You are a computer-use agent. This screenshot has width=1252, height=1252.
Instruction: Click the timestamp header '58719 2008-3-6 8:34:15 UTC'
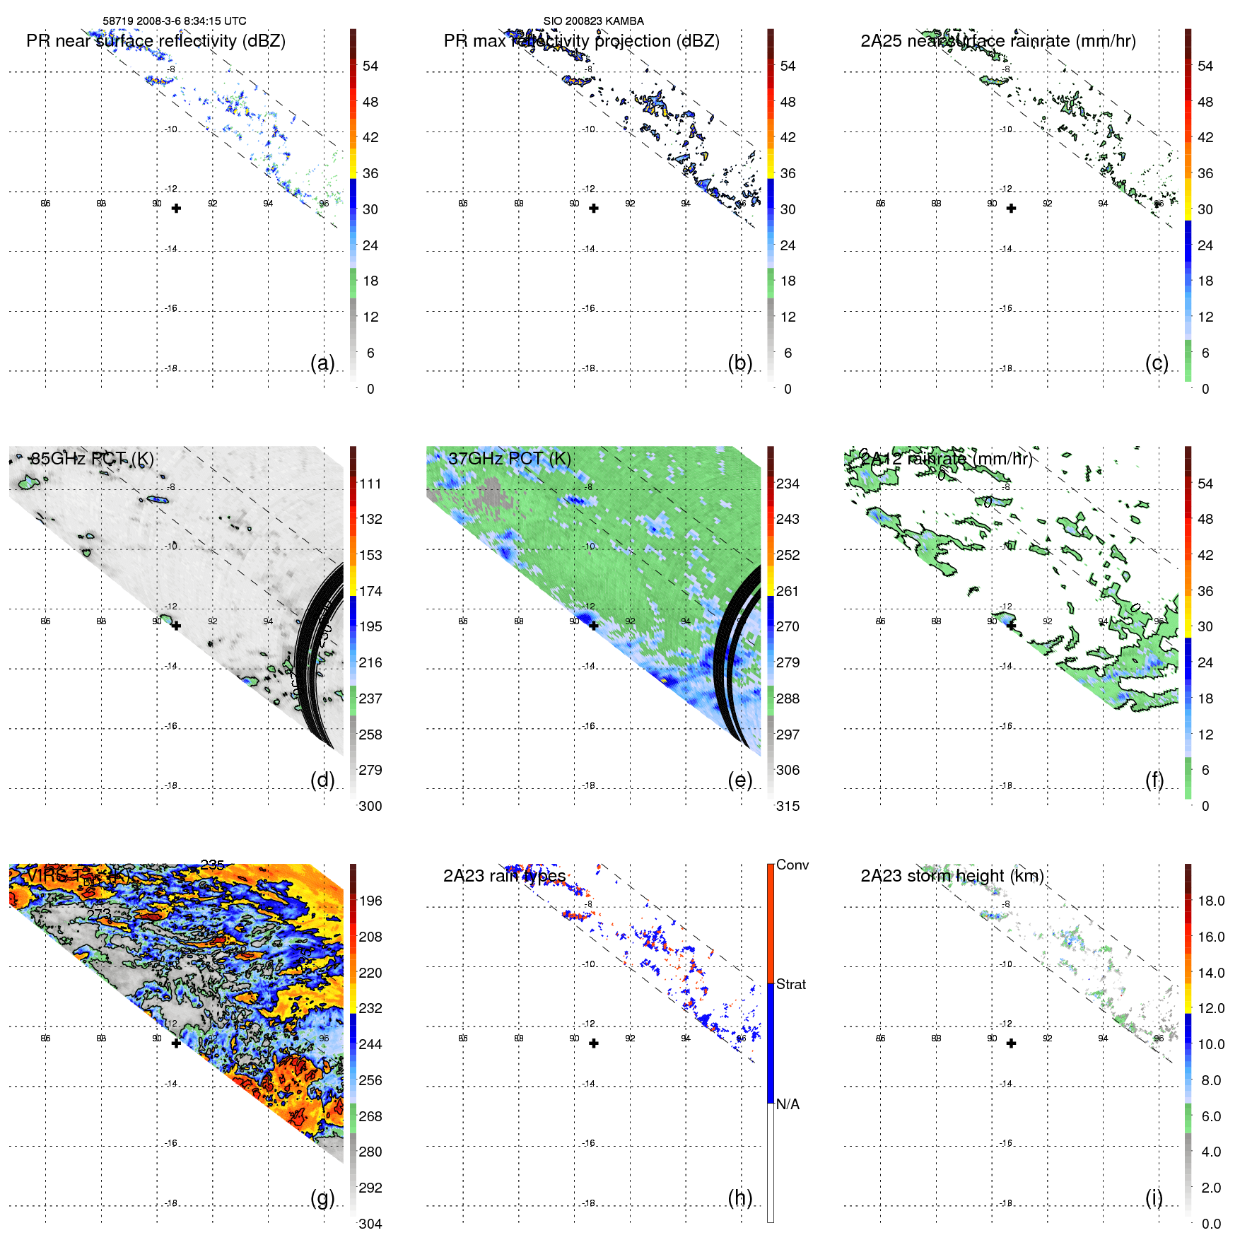point(175,21)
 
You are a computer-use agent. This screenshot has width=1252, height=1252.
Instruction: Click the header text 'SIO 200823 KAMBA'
point(593,21)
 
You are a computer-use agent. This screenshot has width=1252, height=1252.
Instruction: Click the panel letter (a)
point(322,363)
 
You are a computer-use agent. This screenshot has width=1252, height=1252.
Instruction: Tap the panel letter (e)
point(739,780)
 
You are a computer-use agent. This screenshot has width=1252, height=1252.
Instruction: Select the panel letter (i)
point(1154,1198)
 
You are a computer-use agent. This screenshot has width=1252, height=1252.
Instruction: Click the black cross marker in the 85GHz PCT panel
point(176,626)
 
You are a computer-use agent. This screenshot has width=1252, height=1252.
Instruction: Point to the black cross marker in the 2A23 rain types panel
point(594,1043)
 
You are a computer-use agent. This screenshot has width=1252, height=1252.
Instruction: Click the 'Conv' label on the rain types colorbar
point(792,865)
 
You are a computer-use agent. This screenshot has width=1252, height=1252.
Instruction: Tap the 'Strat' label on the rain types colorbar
point(790,984)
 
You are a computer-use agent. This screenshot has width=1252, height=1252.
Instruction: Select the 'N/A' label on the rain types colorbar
point(788,1104)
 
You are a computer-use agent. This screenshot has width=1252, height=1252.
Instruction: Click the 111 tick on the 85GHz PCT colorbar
point(370,484)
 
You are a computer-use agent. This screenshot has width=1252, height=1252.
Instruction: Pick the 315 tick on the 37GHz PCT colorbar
point(788,806)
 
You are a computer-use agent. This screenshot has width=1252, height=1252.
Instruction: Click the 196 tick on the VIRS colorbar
point(370,901)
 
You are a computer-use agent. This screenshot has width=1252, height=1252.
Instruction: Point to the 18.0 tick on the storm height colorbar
point(1211,901)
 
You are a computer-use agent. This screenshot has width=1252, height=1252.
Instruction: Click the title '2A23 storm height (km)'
point(952,876)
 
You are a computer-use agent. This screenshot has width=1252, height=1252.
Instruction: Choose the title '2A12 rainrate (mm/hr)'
point(946,459)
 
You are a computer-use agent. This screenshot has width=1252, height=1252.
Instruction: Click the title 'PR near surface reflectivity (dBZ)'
point(156,41)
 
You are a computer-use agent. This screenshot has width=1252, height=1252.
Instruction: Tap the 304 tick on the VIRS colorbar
point(370,1224)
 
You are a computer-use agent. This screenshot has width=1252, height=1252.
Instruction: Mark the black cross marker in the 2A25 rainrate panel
point(1011,209)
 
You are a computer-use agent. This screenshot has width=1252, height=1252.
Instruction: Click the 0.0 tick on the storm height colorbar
point(1211,1224)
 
